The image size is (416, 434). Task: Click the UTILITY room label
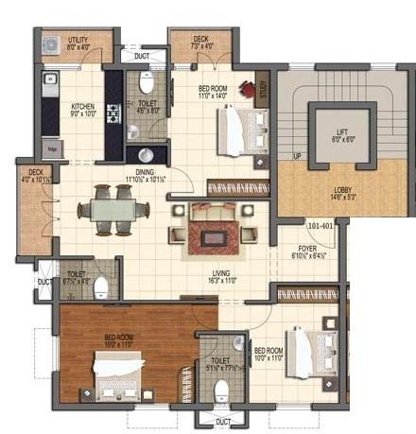pos(77,38)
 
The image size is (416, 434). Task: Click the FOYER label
pos(307,249)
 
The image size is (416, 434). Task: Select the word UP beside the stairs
pos(297,155)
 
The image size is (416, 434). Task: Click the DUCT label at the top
pos(142,56)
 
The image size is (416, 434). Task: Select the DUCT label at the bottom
pos(223,422)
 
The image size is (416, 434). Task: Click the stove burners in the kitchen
pos(113,115)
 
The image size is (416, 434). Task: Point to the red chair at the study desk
pos(248,90)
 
